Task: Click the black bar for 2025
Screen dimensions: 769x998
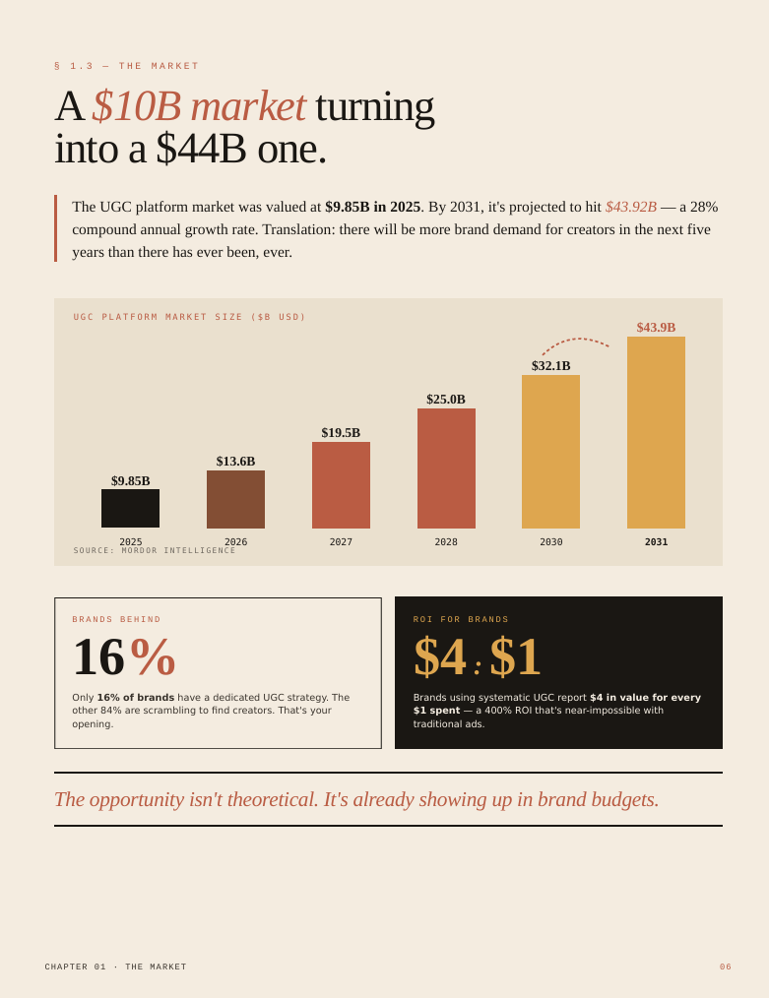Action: pos(131,509)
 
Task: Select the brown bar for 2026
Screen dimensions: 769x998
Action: pos(235,500)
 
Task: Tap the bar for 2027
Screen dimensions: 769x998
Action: pos(342,485)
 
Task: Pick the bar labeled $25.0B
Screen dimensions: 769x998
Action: pos(446,468)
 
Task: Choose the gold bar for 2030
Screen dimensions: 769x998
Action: pos(550,452)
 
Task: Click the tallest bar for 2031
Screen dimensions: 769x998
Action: pos(657,433)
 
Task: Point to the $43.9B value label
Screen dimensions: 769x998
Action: pos(657,327)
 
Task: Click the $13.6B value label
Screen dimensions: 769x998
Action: pos(235,461)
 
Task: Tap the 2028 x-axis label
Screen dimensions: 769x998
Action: pos(446,541)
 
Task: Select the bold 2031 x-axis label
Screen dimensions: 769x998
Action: pos(657,541)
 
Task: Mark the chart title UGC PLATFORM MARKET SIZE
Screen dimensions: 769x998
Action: pos(190,317)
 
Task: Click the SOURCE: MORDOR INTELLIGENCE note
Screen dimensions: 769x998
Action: pos(155,550)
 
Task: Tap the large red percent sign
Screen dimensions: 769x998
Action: pos(153,656)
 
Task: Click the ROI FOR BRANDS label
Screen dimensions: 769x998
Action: pos(461,619)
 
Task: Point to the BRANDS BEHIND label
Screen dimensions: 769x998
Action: pos(116,619)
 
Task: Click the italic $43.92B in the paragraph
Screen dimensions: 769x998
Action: pos(631,207)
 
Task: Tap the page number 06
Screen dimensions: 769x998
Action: pos(726,967)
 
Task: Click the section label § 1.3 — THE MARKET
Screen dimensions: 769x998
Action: pos(127,66)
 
